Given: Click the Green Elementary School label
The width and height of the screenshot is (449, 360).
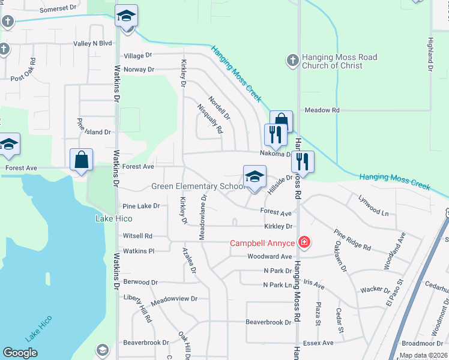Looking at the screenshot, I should click(196, 187).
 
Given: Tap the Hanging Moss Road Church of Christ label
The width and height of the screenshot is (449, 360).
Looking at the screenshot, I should click(340, 61).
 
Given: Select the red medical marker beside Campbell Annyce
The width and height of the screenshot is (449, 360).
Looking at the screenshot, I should click(304, 242).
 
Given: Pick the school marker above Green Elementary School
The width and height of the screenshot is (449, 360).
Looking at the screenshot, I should click(255, 178).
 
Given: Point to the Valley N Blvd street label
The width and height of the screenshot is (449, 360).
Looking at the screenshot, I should click(93, 43).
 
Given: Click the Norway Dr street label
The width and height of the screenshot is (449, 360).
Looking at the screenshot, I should click(139, 70).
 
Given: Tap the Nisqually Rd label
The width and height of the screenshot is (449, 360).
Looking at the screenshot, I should click(211, 118).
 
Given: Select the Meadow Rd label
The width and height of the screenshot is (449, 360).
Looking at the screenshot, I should click(322, 110).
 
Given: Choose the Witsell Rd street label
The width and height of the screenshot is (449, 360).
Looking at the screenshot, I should click(137, 236).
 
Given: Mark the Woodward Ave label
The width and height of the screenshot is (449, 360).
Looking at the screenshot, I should click(269, 256).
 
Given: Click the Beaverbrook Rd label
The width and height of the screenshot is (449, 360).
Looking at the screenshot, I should click(268, 322).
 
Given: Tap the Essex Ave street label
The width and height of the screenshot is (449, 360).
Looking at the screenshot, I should click(319, 343).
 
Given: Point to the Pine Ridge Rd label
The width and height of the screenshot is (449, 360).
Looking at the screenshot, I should click(352, 240).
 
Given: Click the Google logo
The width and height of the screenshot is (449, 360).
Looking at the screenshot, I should click(20, 353).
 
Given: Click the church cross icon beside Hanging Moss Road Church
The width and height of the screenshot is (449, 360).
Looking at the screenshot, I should click(292, 61).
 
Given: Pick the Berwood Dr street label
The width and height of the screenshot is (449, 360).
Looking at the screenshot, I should click(140, 282).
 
